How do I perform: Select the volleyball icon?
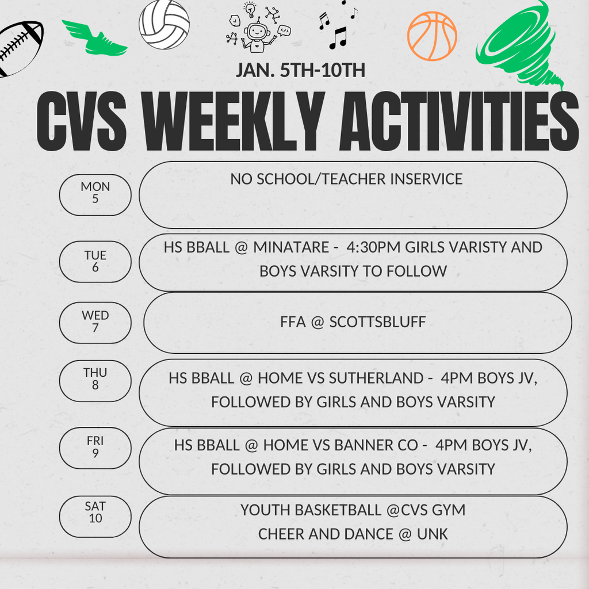pos(164,25)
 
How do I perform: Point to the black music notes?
pos(338,26)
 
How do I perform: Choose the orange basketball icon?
pos(432,36)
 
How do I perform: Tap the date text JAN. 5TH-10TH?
pos(300,70)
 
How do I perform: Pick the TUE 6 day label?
pos(95,262)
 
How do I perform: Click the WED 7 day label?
pos(95,322)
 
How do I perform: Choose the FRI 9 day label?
pos(95,448)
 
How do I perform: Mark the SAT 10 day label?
pos(95,512)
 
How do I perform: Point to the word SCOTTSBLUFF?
pos(377,322)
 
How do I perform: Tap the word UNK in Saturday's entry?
pos(433,534)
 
